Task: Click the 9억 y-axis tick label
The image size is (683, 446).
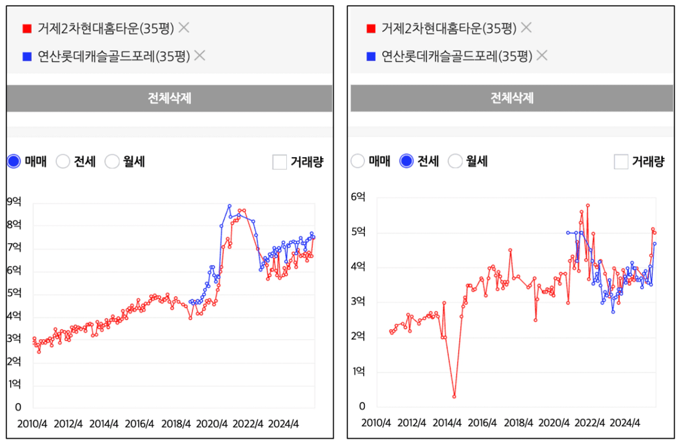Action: tap(14, 202)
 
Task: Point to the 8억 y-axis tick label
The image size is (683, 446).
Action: tap(14, 225)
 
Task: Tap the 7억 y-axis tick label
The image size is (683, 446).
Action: tap(14, 248)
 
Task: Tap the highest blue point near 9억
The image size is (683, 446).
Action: tap(229, 206)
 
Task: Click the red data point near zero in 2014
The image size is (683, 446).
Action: tap(454, 396)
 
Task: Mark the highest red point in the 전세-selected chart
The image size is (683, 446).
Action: tap(588, 206)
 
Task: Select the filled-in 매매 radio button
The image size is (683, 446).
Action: tap(15, 162)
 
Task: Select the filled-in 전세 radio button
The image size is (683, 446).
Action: tap(407, 162)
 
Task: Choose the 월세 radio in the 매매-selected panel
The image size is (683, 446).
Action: tap(112, 162)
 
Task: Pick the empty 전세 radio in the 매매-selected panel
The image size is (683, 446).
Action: tap(63, 162)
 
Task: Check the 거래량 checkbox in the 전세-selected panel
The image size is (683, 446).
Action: tap(621, 162)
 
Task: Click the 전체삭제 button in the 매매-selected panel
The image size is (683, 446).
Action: tap(169, 98)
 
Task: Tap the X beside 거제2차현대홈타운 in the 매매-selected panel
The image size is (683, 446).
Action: tap(184, 27)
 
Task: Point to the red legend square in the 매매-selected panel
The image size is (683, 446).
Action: tap(26, 28)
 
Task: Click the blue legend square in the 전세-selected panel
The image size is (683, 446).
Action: tap(371, 56)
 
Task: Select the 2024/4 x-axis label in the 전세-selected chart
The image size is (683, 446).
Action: tap(625, 423)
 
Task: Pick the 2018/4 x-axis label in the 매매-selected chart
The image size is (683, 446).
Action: tap(176, 424)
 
